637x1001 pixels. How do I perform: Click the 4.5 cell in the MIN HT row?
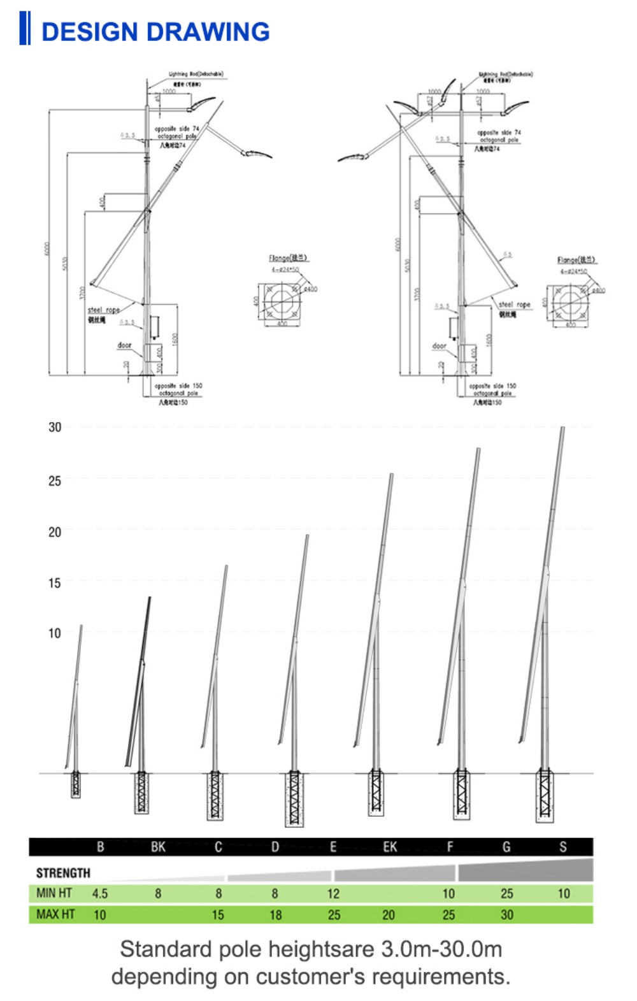click(x=100, y=893)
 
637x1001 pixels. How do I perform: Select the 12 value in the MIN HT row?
click(x=333, y=893)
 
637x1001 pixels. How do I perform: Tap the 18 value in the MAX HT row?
click(x=275, y=915)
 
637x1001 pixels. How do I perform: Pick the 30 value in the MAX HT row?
click(x=506, y=915)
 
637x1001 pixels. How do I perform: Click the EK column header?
click(x=390, y=847)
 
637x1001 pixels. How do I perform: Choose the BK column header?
click(x=158, y=847)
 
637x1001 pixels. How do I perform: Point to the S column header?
click(x=562, y=847)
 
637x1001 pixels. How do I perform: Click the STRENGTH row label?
click(x=63, y=873)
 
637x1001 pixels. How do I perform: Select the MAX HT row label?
click(x=55, y=914)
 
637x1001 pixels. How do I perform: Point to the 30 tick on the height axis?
click(x=55, y=427)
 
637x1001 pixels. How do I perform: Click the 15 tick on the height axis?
click(x=55, y=582)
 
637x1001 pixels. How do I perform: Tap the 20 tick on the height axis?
click(x=55, y=531)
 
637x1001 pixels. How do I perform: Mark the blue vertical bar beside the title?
click(x=24, y=28)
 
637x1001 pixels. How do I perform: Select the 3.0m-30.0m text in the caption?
click(x=441, y=949)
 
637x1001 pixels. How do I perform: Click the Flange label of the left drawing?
click(x=288, y=258)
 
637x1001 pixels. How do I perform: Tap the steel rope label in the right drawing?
click(x=514, y=305)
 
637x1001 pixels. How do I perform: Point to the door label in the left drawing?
click(x=124, y=345)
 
